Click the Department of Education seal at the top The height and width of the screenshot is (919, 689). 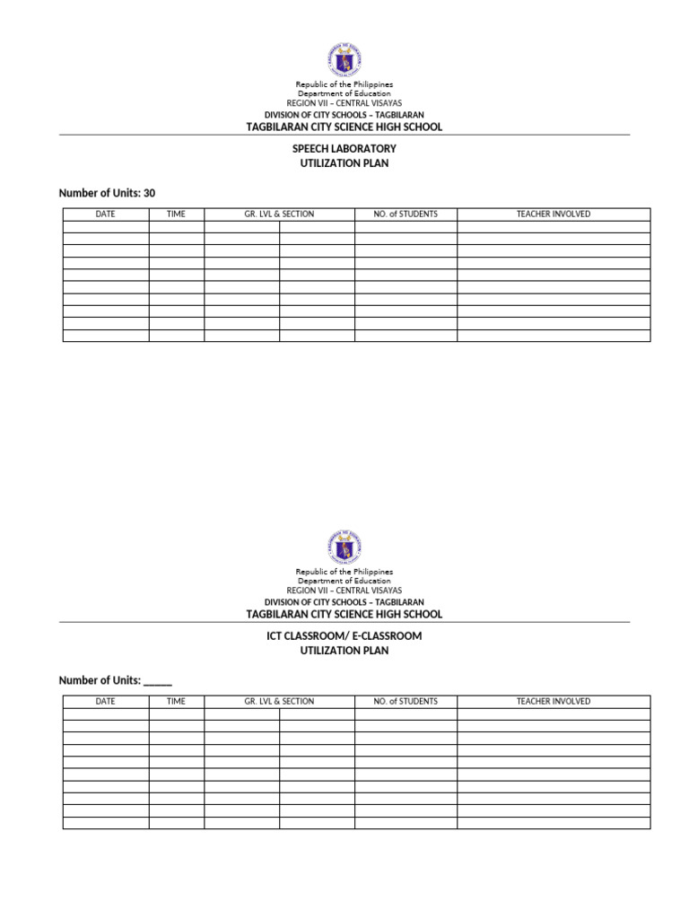(344, 60)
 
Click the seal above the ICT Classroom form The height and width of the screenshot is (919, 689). (344, 547)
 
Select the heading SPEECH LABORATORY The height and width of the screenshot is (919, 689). (344, 148)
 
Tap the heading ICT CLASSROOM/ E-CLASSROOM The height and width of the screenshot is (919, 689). (344, 635)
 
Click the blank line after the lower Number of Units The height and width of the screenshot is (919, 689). (158, 680)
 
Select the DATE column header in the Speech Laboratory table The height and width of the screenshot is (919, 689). (106, 214)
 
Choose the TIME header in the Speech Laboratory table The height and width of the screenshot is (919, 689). (177, 214)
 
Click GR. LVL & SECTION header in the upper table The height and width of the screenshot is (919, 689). (279, 214)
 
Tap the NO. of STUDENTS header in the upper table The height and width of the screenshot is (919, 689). (406, 214)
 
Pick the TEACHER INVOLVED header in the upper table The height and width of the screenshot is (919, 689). (554, 214)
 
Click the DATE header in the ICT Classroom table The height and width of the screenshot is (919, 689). (106, 702)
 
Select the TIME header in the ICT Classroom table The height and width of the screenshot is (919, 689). (177, 702)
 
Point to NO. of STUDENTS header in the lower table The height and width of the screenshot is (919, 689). (406, 702)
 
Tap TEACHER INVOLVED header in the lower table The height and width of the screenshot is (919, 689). (554, 702)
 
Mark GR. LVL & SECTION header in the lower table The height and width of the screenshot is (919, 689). (279, 702)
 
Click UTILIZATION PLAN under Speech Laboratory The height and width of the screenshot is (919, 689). (344, 163)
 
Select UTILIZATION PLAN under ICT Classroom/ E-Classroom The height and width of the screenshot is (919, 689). (344, 651)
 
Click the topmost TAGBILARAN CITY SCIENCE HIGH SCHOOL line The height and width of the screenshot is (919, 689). (344, 127)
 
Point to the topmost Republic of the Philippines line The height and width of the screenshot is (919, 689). (344, 84)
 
